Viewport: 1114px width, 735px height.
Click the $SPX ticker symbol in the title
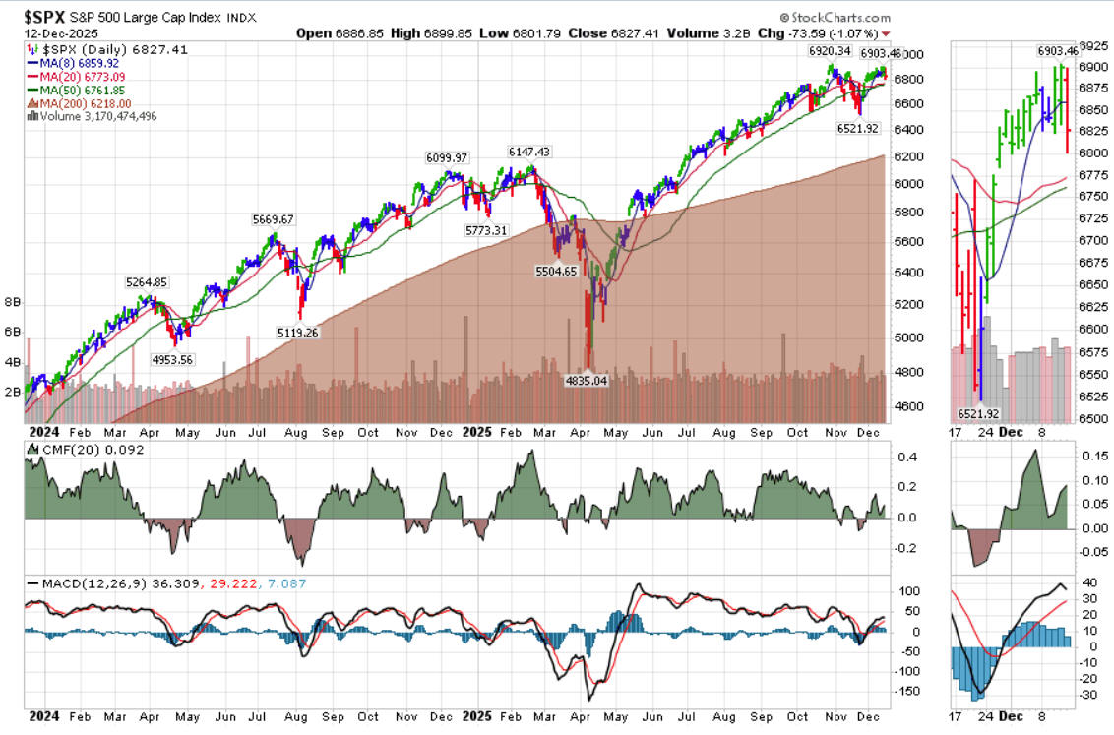tap(36, 17)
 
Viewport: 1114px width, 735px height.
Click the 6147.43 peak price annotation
tap(528, 152)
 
